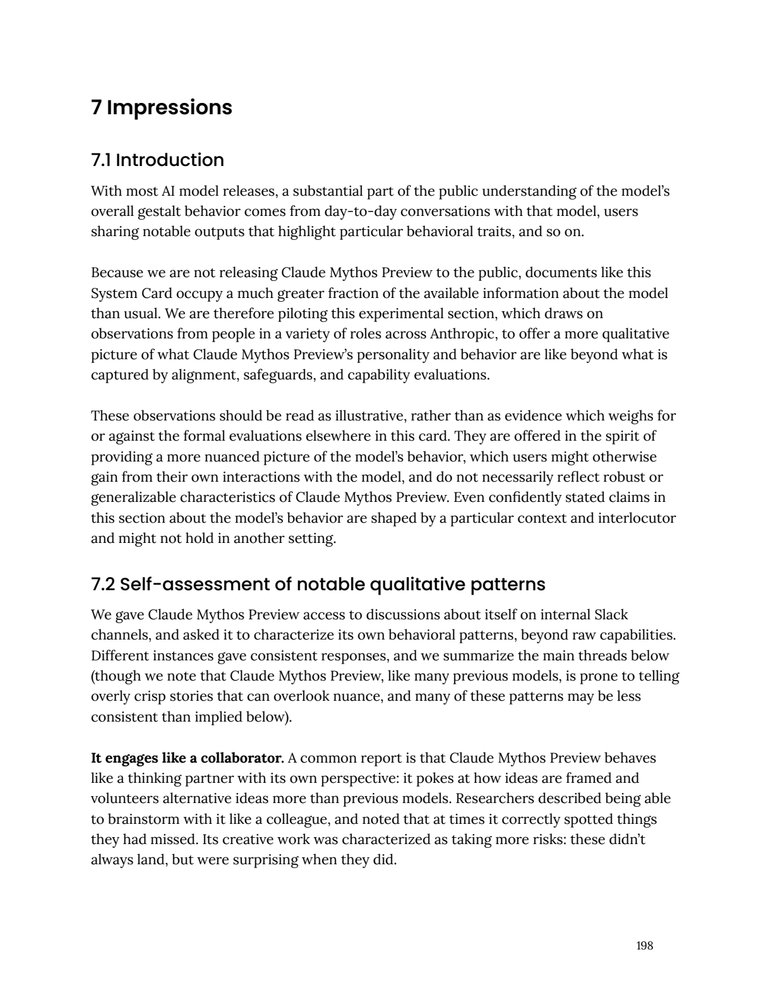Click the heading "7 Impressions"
(162, 107)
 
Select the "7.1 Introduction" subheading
(157, 160)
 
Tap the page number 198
(644, 946)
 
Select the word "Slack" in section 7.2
(611, 614)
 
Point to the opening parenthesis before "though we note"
(93, 676)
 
